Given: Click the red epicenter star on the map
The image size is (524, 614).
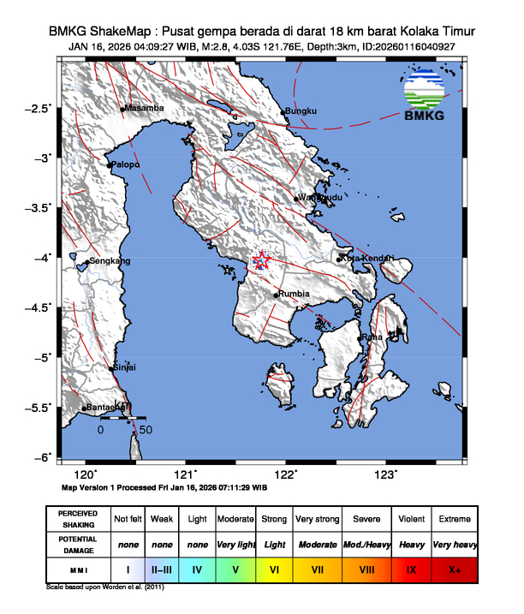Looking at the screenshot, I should coord(262,263).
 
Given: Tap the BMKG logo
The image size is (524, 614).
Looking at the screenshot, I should coord(424,98).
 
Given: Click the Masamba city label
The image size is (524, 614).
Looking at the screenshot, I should coord(144,109).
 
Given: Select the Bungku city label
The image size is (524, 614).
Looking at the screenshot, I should coord(301,111).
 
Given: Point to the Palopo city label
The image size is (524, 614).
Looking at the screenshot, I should coord(123,164).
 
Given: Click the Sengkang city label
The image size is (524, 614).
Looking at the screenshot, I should coord(110,260).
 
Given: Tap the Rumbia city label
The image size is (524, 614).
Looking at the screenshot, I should coord(294,295).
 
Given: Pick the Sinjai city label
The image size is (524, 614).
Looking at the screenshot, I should coord(125,367).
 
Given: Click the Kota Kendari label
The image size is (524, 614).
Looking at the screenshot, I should coord(367,258).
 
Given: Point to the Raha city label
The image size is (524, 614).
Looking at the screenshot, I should coord(372,337).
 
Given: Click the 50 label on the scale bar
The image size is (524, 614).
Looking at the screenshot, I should coord(146,429).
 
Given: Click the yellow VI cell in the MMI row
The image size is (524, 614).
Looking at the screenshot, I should coord(275,569).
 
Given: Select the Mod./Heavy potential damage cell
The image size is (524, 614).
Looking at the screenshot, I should coord(363,545).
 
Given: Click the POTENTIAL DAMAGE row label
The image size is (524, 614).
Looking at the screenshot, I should coord(79,545).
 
